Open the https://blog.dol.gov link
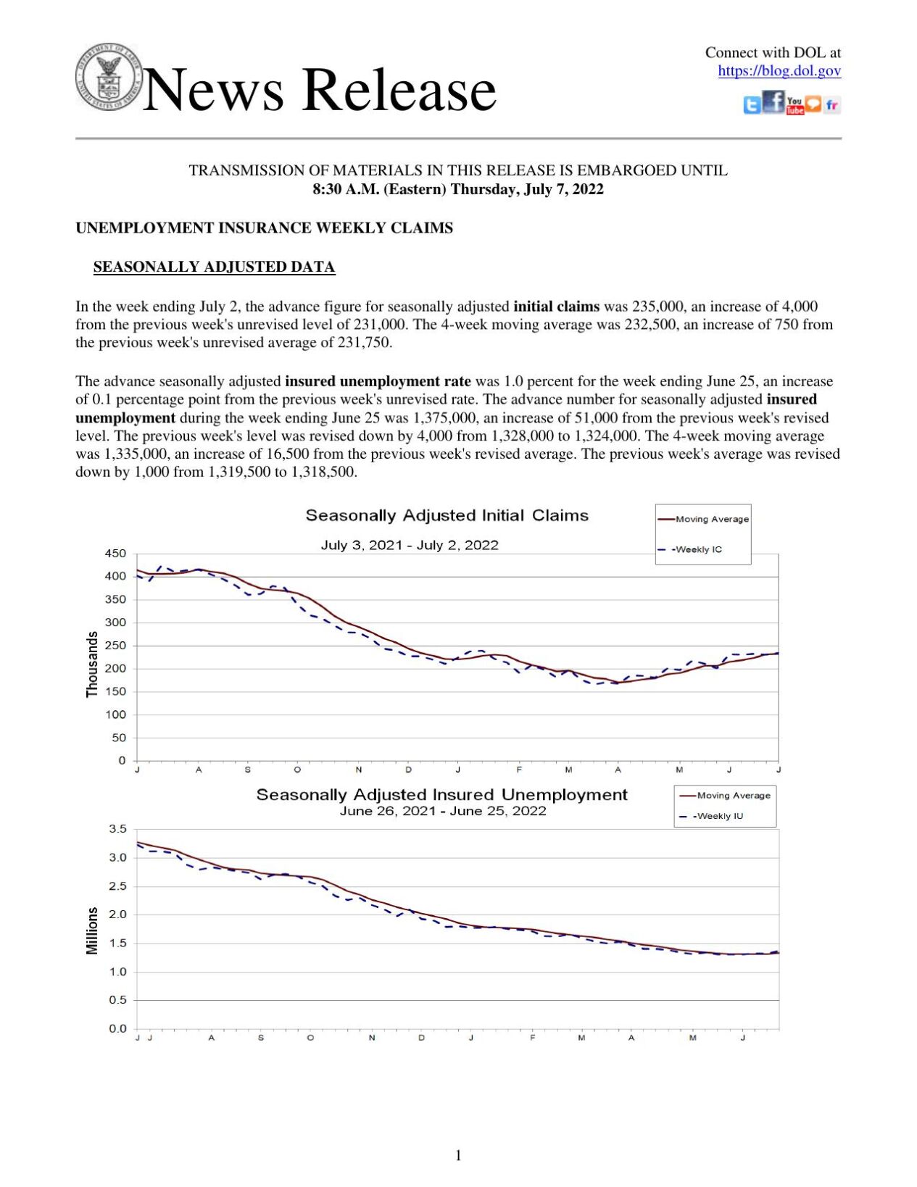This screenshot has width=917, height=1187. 779,71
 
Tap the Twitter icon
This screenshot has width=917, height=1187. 752,106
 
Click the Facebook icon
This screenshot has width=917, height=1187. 773,102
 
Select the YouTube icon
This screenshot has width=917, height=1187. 794,106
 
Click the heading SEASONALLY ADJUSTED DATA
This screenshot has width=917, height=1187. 214,267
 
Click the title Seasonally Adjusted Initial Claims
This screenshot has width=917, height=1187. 447,515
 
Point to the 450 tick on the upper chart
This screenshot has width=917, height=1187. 116,554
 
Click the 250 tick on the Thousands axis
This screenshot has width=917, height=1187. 116,646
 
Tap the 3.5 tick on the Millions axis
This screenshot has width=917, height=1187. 118,829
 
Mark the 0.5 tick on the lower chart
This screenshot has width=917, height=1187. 118,1000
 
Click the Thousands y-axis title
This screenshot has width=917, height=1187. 92,664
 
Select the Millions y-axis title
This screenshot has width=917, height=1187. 92,930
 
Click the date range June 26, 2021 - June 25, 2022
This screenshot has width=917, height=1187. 443,811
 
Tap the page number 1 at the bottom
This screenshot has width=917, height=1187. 458,1155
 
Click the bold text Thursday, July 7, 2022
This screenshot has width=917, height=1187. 527,190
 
